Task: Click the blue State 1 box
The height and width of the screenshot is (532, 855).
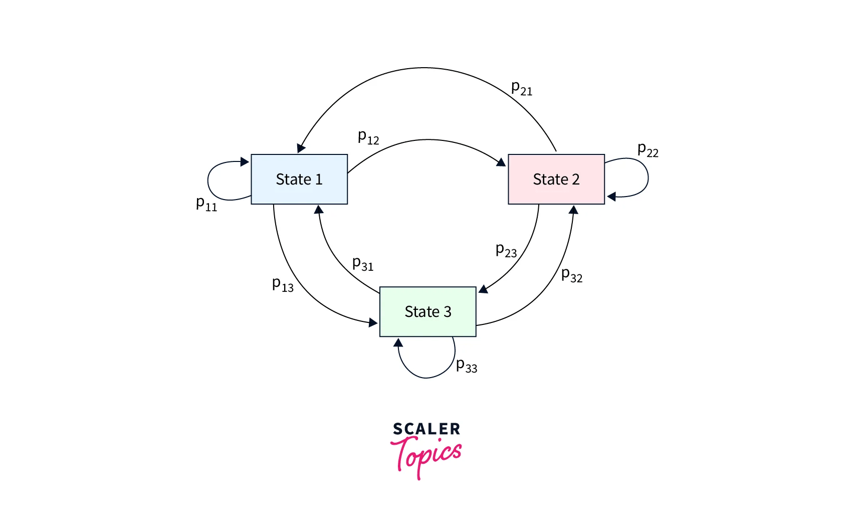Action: click(299, 179)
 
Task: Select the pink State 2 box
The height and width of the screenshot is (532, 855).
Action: click(556, 179)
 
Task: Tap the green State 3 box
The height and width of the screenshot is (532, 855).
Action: click(428, 311)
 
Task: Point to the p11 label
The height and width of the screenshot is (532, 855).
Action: click(206, 204)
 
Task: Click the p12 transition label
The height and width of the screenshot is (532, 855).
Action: click(368, 137)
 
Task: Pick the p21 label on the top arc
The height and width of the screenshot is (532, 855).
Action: click(522, 88)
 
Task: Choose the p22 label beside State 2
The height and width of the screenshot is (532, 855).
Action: click(648, 150)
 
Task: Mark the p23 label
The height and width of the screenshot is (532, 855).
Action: click(506, 250)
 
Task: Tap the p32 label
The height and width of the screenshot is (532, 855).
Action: click(572, 275)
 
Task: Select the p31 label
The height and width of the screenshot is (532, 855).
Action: click(363, 264)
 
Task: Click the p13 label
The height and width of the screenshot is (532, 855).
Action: click(283, 285)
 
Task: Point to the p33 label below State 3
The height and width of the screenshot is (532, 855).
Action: click(467, 366)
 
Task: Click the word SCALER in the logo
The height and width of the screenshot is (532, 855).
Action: click(426, 429)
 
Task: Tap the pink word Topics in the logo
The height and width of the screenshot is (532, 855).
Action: click(426, 455)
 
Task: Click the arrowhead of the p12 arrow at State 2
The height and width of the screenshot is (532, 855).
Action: click(501, 162)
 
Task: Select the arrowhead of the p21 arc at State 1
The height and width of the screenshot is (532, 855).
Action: click(301, 148)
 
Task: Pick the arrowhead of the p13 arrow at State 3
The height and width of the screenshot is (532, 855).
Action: click(373, 323)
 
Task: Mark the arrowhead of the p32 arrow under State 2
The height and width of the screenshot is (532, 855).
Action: click(574, 209)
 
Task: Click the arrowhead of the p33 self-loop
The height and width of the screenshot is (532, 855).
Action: click(398, 342)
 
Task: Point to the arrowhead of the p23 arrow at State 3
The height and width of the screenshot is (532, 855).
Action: click(483, 289)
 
